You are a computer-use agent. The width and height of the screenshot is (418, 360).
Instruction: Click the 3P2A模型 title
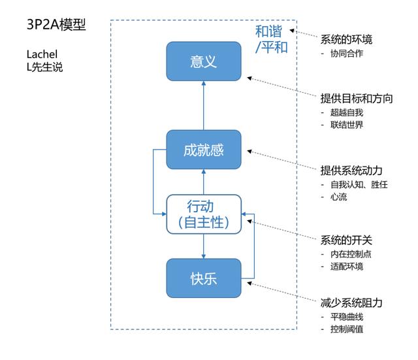pyautogui.click(x=56, y=25)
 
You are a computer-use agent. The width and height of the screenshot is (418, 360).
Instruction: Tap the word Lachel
pyautogui.click(x=42, y=54)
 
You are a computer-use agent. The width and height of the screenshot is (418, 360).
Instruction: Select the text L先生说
pyautogui.click(x=44, y=67)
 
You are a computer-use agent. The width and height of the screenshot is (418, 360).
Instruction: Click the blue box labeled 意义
pyautogui.click(x=204, y=61)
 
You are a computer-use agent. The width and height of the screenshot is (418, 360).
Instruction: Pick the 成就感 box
pyautogui.click(x=204, y=150)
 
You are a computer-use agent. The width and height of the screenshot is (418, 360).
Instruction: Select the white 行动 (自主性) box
pyautogui.click(x=204, y=214)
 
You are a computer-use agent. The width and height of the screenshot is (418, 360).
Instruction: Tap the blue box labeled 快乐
pyautogui.click(x=204, y=278)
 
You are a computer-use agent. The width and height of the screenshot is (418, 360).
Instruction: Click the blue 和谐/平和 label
pyautogui.click(x=272, y=39)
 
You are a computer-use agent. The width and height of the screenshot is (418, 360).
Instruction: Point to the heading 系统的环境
pyautogui.click(x=346, y=39)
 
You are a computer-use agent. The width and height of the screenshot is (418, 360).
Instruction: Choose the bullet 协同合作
pyautogui.click(x=347, y=54)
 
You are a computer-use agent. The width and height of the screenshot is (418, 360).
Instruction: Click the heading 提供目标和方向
pyautogui.click(x=357, y=99)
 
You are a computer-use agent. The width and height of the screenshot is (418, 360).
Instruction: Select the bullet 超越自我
pyautogui.click(x=347, y=112)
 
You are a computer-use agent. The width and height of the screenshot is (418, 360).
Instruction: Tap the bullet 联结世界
pyautogui.click(x=347, y=125)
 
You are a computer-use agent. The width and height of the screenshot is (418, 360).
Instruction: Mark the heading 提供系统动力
pyautogui.click(x=351, y=171)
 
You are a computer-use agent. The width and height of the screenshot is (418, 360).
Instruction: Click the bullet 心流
pyautogui.click(x=339, y=197)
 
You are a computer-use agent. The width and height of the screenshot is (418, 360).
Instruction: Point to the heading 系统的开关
pyautogui.click(x=346, y=240)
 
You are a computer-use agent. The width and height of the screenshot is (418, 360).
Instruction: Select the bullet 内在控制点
pyautogui.click(x=351, y=254)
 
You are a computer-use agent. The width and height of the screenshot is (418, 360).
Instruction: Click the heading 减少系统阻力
pyautogui.click(x=351, y=303)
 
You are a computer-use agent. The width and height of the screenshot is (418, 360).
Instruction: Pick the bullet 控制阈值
pyautogui.click(x=347, y=329)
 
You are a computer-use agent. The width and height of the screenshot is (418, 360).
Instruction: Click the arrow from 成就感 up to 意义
pyautogui.click(x=204, y=106)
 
